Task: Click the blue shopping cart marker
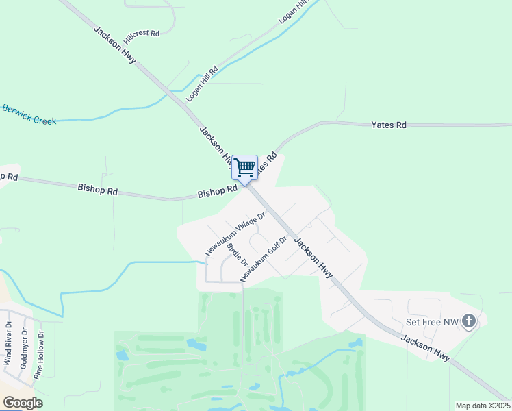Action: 244,167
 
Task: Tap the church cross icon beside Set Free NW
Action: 469,320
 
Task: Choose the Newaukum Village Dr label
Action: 235,234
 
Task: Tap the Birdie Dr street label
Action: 237,255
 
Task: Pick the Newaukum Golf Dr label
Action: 263,258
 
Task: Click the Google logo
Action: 22,403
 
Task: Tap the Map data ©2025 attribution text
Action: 483,406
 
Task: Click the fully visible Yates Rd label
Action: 389,125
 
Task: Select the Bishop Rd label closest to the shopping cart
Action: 217,191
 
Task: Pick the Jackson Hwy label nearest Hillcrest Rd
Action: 114,48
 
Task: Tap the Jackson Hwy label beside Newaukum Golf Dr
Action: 313,258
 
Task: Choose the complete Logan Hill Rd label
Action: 205,80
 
